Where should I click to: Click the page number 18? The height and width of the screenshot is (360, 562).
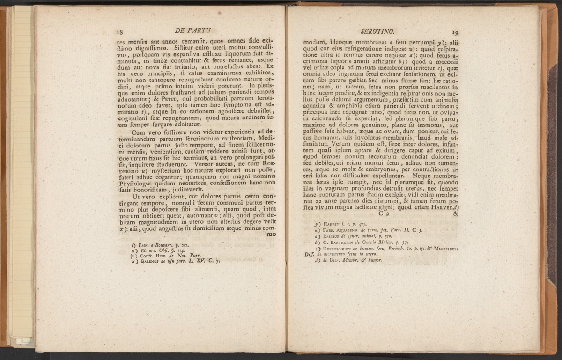coord(120,32)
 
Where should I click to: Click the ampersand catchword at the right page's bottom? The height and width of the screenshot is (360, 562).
coord(457,214)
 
